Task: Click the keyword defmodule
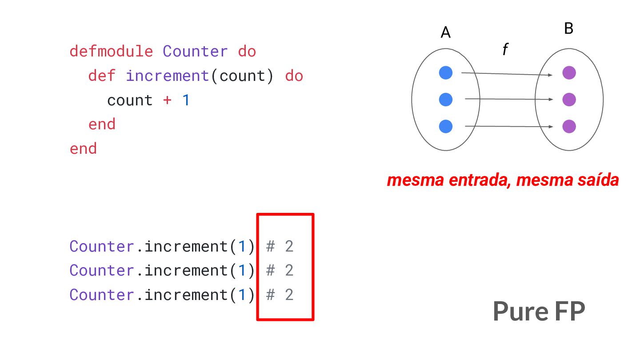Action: pyautogui.click(x=112, y=52)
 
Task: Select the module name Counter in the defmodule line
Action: pyautogui.click(x=195, y=52)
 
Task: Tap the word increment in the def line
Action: pyautogui.click(x=168, y=76)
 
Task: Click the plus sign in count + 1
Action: pyautogui.click(x=167, y=100)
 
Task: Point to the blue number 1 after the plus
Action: pyautogui.click(x=186, y=100)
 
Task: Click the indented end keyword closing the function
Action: pyautogui.click(x=102, y=124)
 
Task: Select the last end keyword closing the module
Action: pyautogui.click(x=83, y=149)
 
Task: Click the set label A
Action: pyautogui.click(x=445, y=32)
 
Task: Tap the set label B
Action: pyautogui.click(x=568, y=28)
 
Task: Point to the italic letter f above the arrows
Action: pyautogui.click(x=505, y=49)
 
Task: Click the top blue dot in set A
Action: pyautogui.click(x=446, y=72)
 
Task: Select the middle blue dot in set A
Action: pyautogui.click(x=446, y=100)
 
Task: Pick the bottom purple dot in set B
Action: pyautogui.click(x=569, y=126)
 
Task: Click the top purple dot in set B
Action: pyautogui.click(x=569, y=72)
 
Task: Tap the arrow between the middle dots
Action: pyautogui.click(x=509, y=99)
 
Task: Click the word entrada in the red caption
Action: pyautogui.click(x=480, y=180)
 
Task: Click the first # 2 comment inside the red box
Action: pyautogui.click(x=280, y=246)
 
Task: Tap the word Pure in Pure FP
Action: pyautogui.click(x=520, y=312)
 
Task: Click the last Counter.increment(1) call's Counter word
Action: pyautogui.click(x=102, y=295)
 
